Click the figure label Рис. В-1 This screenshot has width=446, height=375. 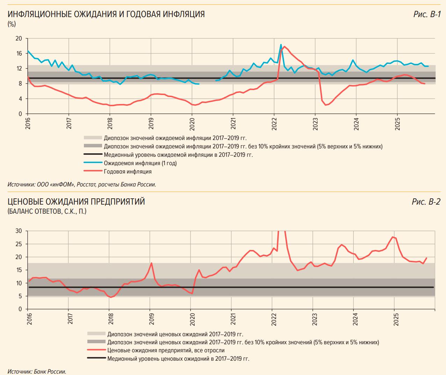[427, 14]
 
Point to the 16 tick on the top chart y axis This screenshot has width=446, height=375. [19, 53]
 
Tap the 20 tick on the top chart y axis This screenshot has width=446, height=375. [19, 38]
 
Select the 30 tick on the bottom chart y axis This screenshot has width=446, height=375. [19, 231]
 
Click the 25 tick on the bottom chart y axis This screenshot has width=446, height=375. [19, 244]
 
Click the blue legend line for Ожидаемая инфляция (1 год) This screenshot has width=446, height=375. [93, 163]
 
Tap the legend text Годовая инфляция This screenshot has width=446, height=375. [128, 171]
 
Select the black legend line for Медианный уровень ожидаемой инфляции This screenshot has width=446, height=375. [93, 155]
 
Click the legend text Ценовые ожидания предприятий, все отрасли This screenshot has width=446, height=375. [166, 350]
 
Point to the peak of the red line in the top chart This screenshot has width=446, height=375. [284, 46]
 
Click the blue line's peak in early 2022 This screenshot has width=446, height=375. [281, 45]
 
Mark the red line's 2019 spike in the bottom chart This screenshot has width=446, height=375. [151, 263]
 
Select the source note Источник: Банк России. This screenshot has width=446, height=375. [37, 372]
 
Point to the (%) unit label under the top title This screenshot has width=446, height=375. [12, 24]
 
